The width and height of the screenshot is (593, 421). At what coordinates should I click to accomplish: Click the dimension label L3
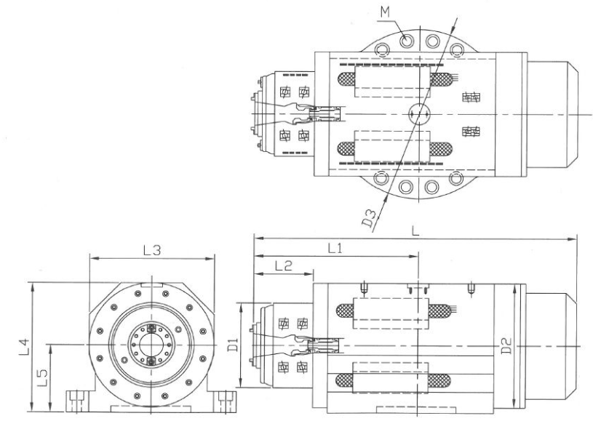pyautogui.click(x=152, y=250)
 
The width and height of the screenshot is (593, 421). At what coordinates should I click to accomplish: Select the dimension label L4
pyautogui.click(x=23, y=347)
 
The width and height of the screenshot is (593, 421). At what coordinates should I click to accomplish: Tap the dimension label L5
pyautogui.click(x=42, y=377)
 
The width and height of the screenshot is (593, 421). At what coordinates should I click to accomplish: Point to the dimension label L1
pyautogui.click(x=335, y=248)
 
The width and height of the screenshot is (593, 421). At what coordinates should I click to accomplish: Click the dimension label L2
pyautogui.click(x=284, y=266)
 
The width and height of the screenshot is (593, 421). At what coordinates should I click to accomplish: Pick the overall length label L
pyautogui.click(x=415, y=230)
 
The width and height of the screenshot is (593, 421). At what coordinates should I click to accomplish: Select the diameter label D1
pyautogui.click(x=234, y=345)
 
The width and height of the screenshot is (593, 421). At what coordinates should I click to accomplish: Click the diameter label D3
pyautogui.click(x=370, y=218)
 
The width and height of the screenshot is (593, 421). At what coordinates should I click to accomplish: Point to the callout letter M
pyautogui.click(x=385, y=12)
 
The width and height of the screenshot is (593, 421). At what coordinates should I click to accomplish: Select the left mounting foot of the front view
pyautogui.click(x=79, y=401)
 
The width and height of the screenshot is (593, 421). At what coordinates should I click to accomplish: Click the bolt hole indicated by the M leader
pyautogui.click(x=407, y=40)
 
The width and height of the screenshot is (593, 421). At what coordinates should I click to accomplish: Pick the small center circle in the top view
pyautogui.click(x=419, y=113)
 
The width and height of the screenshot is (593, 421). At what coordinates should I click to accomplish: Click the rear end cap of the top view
pyautogui.click(x=552, y=114)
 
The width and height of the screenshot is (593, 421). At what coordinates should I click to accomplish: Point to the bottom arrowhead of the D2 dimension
pyautogui.click(x=514, y=404)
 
